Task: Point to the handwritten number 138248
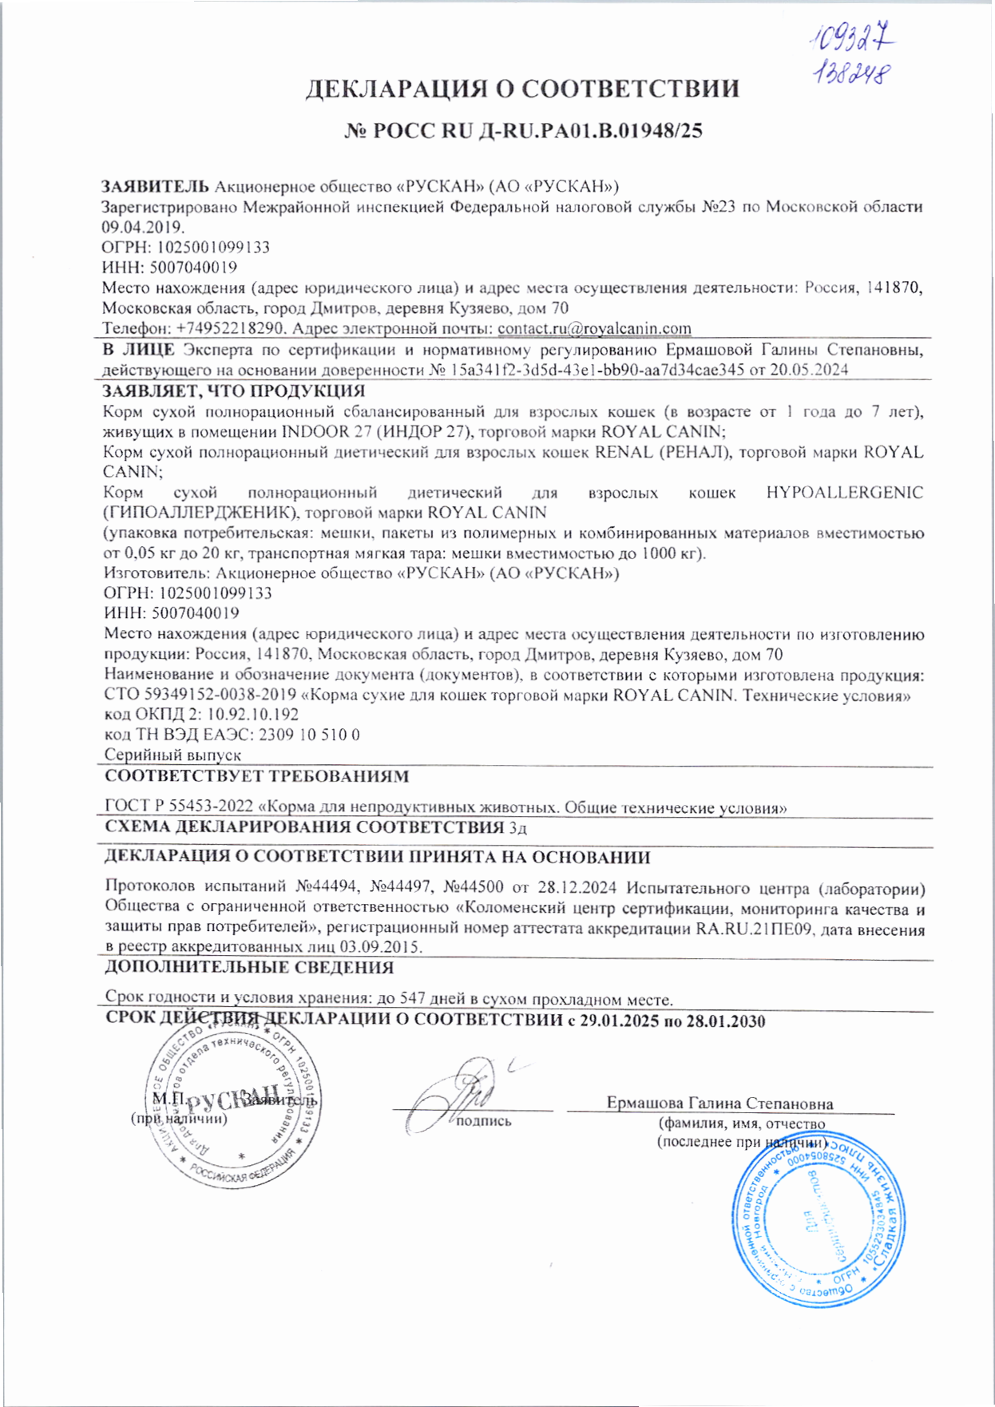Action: point(851,73)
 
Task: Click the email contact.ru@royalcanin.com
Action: point(594,328)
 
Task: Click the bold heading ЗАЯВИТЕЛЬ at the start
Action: point(155,186)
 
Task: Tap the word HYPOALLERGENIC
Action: point(844,493)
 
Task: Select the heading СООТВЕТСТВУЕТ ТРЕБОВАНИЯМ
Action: point(257,776)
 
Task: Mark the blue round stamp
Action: point(819,1223)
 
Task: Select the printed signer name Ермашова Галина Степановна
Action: point(719,1104)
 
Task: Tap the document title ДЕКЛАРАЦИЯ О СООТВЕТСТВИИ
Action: point(523,89)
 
